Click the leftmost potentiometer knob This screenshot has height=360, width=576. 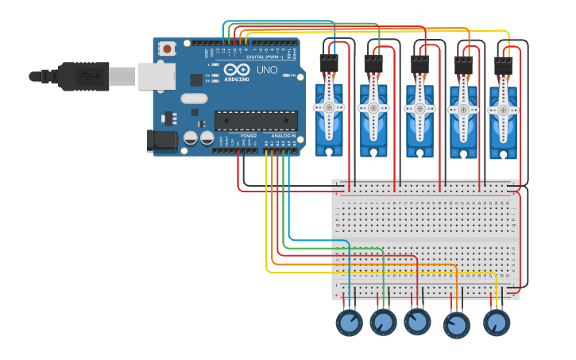[x=349, y=322]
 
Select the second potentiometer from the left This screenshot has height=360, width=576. [x=383, y=322]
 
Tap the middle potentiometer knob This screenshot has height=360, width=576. [x=417, y=321]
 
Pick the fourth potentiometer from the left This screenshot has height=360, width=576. [x=456, y=324]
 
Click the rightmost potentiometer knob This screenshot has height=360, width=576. [x=497, y=323]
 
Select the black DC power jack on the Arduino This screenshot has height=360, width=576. [x=162, y=141]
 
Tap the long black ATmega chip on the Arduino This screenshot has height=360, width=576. [x=256, y=121]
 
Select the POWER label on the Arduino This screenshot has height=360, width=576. [x=249, y=136]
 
